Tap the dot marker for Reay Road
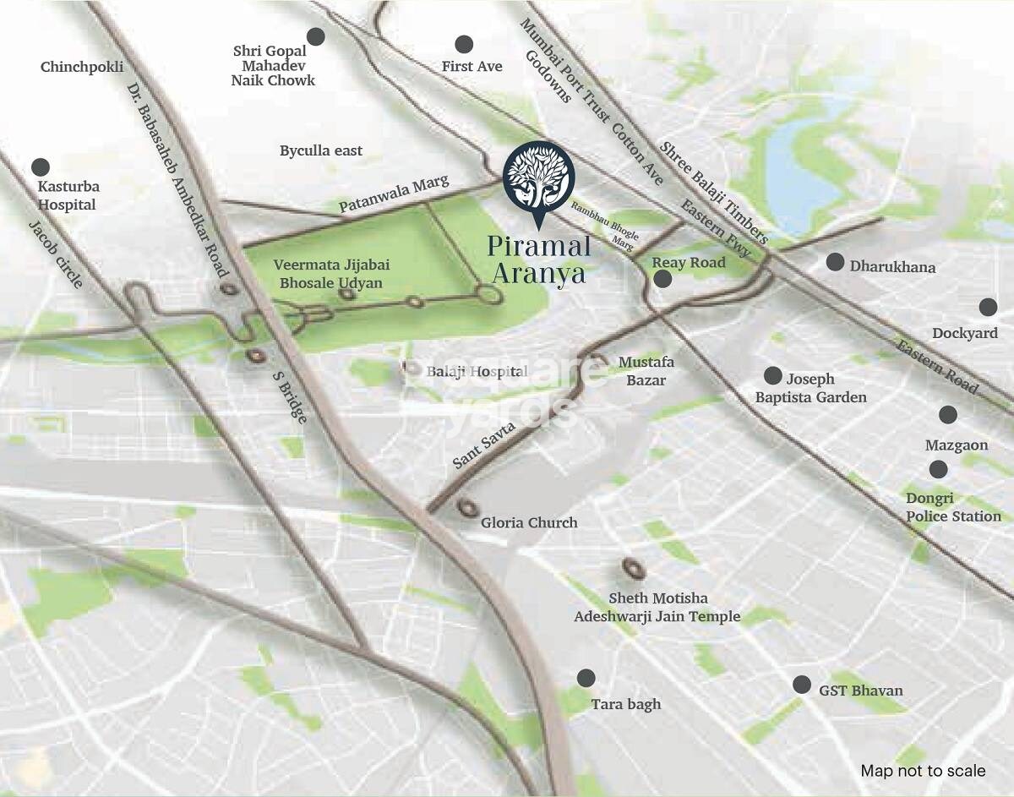pyautogui.click(x=662, y=279)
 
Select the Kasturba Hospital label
pyautogui.click(x=68, y=195)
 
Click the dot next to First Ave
pyautogui.click(x=463, y=44)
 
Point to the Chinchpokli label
pyautogui.click(x=82, y=67)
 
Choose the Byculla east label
pyautogui.click(x=321, y=150)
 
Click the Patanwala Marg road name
pyautogui.click(x=394, y=194)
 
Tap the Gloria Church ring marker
pyautogui.click(x=466, y=507)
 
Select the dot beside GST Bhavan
pyautogui.click(x=802, y=685)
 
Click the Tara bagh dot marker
pyautogui.click(x=586, y=678)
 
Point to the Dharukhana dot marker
pyautogui.click(x=835, y=262)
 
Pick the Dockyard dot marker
pyautogui.click(x=988, y=307)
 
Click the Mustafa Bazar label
pyautogui.click(x=646, y=371)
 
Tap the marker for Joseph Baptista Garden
pyautogui.click(x=772, y=375)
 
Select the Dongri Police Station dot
pyautogui.click(x=938, y=469)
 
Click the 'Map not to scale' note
pyautogui.click(x=923, y=770)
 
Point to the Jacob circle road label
pyautogui.click(x=56, y=254)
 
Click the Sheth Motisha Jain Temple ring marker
pyautogui.click(x=630, y=567)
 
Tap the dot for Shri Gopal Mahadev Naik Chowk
pyautogui.click(x=315, y=36)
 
